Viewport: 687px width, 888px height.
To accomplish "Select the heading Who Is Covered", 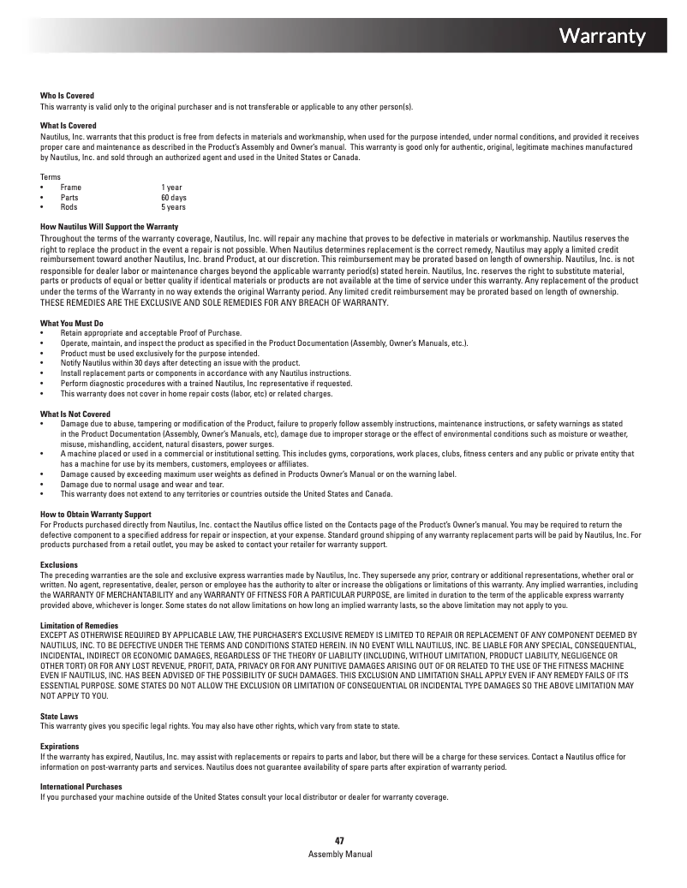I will (x=67, y=95).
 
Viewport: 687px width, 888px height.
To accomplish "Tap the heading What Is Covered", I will (x=68, y=126).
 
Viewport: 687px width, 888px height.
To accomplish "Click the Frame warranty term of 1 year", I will (x=171, y=187).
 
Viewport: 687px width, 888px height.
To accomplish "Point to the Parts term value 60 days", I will (x=173, y=197).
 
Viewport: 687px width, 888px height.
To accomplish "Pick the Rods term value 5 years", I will (x=173, y=207).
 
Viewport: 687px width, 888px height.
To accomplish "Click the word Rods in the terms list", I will (x=69, y=207).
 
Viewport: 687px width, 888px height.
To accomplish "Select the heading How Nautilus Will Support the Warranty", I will (x=109, y=226).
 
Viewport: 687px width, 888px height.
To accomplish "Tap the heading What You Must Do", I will (x=72, y=323).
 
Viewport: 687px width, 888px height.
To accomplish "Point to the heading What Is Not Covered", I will (x=75, y=414).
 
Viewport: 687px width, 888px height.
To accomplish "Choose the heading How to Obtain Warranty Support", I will (x=95, y=514).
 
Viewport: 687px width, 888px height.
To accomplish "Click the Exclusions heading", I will (x=59, y=565).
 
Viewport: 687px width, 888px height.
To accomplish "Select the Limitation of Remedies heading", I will (x=79, y=626).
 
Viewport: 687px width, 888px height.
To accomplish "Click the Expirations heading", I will (x=60, y=747).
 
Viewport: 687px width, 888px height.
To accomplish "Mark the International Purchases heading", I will (x=81, y=786).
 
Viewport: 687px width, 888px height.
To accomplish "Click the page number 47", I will (x=339, y=842).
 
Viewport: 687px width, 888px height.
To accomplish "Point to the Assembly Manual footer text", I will (x=340, y=855).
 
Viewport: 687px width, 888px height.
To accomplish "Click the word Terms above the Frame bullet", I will (x=51, y=176).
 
